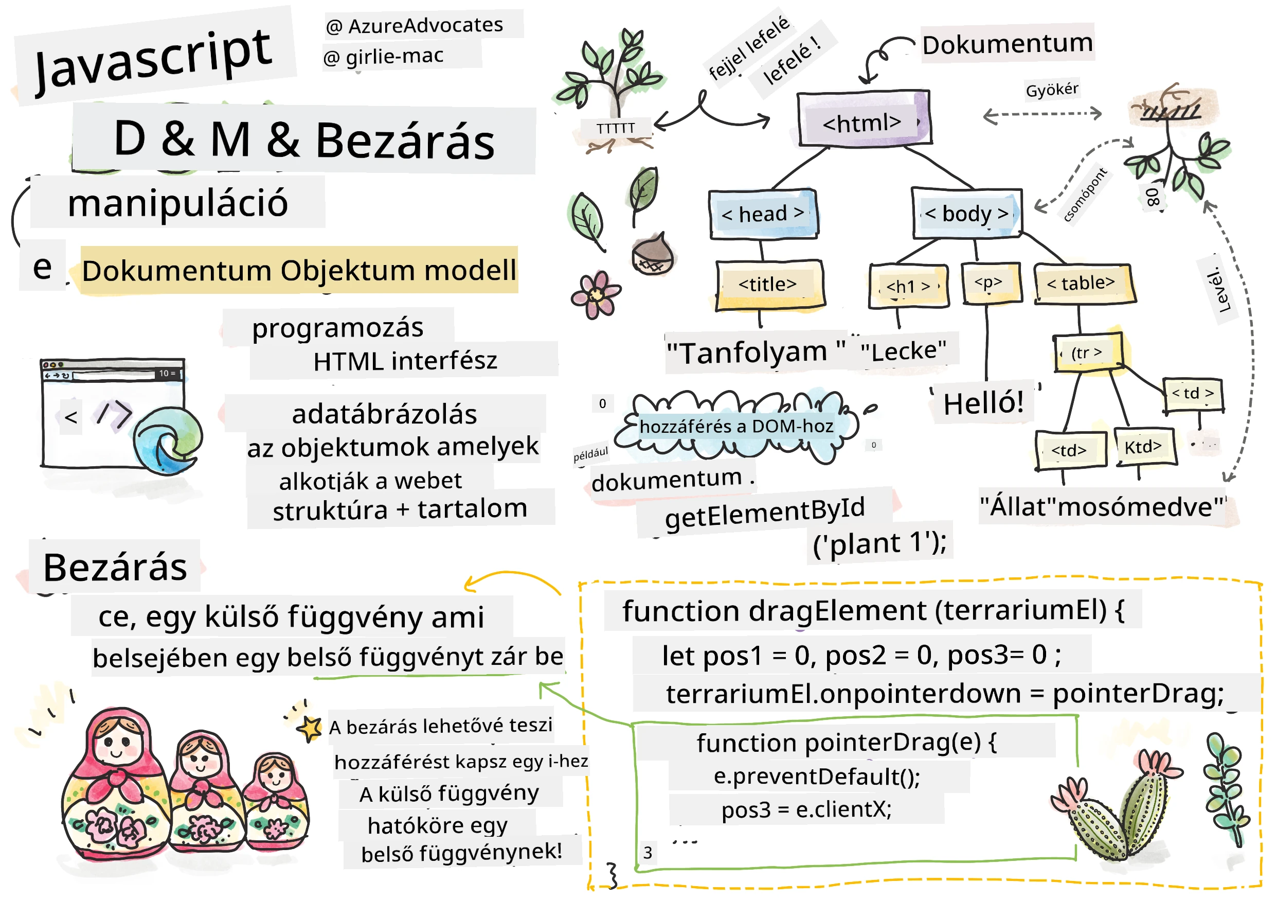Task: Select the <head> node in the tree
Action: coord(763,214)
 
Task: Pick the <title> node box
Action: coord(769,285)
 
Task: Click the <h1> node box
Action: coord(908,286)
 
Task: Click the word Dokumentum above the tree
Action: coord(1007,43)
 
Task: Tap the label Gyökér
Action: coord(1051,90)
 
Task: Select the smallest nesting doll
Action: coord(276,801)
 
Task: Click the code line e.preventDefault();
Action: coord(817,777)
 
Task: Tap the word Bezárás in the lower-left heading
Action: coord(115,568)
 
